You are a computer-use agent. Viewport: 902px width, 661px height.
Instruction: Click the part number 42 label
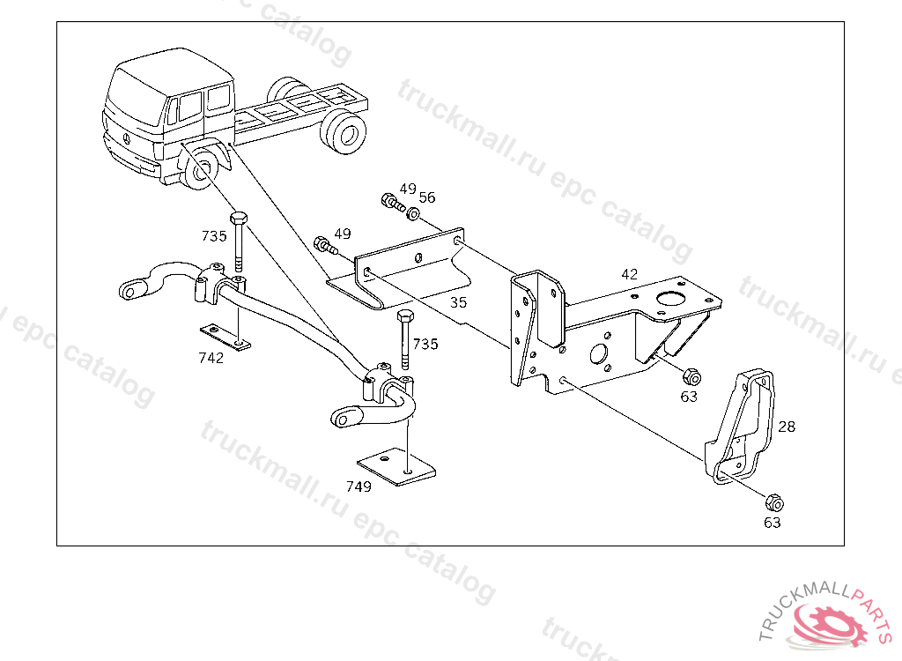tap(629, 274)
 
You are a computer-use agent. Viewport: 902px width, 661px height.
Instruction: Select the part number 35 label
tap(458, 302)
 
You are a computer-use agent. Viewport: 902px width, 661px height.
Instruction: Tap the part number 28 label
tap(787, 427)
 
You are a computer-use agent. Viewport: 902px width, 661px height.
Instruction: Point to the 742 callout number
tap(211, 358)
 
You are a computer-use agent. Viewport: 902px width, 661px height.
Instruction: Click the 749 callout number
tap(359, 486)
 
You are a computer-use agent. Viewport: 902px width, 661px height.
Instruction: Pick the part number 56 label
tap(427, 197)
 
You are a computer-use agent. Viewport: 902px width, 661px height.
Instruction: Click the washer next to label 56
tap(413, 214)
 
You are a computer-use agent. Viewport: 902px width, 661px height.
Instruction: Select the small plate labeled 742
tap(225, 338)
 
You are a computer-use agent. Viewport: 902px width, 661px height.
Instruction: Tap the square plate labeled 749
tap(396, 466)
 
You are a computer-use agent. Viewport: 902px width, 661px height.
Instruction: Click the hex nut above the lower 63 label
tap(774, 502)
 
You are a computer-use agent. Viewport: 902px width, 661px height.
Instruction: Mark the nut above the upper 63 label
tap(691, 377)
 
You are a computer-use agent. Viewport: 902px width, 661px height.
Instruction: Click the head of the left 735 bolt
tap(239, 219)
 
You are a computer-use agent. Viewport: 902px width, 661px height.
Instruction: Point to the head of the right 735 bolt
tap(405, 316)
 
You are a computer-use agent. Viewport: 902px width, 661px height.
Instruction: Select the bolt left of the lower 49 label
tap(326, 245)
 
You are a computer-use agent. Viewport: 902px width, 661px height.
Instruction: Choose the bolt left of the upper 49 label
tap(393, 202)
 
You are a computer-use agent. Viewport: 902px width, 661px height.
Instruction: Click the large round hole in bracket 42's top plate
tap(669, 299)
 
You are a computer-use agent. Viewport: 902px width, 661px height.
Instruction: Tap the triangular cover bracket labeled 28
tap(740, 428)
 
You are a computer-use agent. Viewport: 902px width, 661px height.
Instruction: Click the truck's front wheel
tap(198, 171)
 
